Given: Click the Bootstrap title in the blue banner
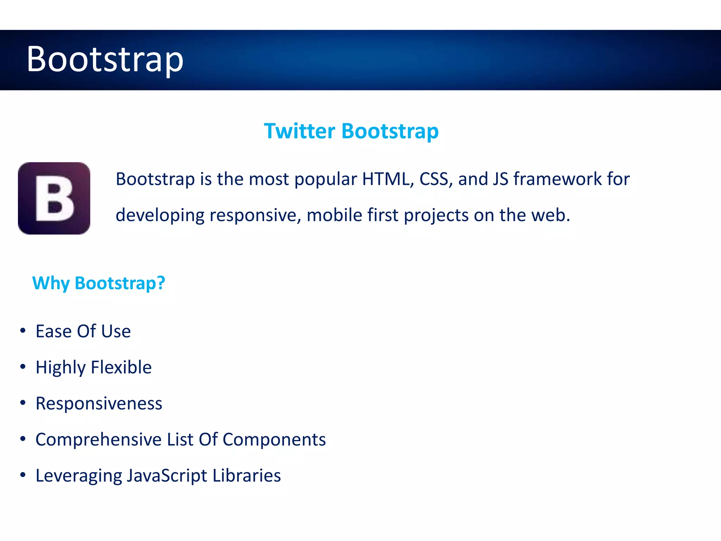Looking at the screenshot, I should [x=105, y=59].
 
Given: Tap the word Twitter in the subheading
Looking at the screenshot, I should [x=299, y=131].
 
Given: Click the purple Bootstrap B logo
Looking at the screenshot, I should [x=54, y=198].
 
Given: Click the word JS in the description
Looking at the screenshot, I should [x=500, y=179].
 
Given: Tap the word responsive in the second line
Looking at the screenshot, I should [x=255, y=215].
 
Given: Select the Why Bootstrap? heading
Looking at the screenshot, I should [x=99, y=283].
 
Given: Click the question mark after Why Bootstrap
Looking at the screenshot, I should [x=161, y=283].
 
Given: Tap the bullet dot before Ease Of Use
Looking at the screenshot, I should [x=23, y=330].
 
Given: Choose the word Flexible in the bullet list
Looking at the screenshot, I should [x=121, y=367].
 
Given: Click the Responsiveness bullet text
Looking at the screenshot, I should [x=99, y=404].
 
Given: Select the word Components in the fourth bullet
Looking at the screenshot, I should [x=274, y=440].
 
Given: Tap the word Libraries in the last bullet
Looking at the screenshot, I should [x=246, y=476].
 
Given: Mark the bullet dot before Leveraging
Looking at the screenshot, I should [x=23, y=475].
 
